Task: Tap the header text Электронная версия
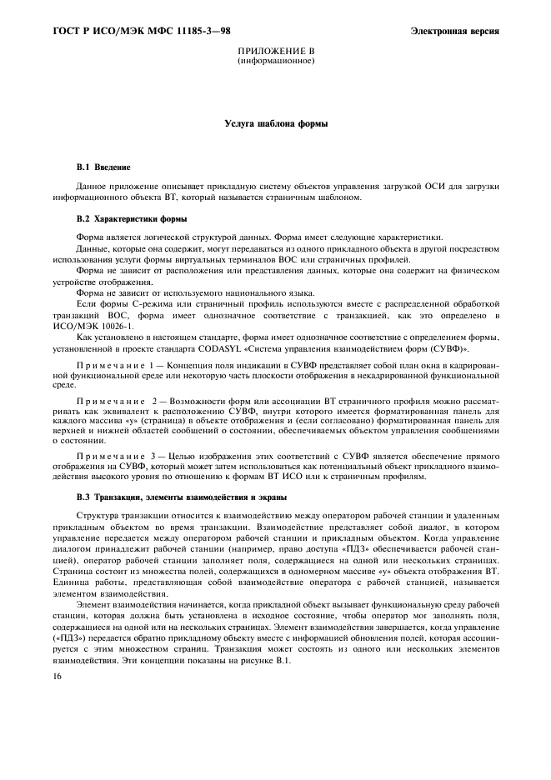tap(454, 32)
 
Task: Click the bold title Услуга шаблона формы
tap(276, 123)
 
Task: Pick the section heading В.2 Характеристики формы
tap(131, 219)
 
